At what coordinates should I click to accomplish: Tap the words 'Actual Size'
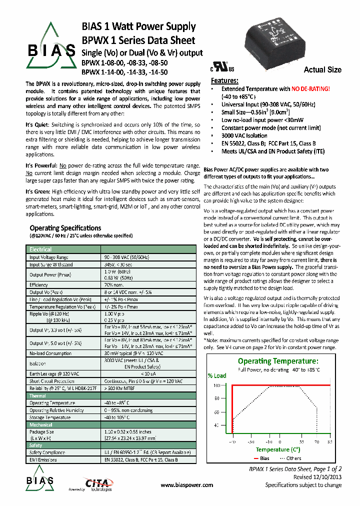pyautogui.click(x=322, y=70)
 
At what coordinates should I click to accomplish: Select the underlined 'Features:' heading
pyautogui.click(x=224, y=80)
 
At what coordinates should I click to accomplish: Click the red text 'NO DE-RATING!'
pyautogui.click(x=310, y=88)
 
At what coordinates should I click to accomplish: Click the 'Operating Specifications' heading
pyautogui.click(x=65, y=228)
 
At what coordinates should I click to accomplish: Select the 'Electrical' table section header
pyautogui.click(x=40, y=249)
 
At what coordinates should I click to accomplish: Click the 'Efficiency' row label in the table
pyautogui.click(x=38, y=284)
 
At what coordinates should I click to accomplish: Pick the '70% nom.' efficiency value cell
pyautogui.click(x=114, y=284)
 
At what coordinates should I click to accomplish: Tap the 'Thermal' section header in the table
pyautogui.click(x=38, y=395)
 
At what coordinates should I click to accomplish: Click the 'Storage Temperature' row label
pyautogui.click(x=50, y=417)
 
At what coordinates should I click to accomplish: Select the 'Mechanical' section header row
pyautogui.click(x=41, y=424)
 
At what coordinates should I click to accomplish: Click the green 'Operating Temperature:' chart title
pyautogui.click(x=277, y=361)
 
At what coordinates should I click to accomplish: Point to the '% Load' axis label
pyautogui.click(x=217, y=375)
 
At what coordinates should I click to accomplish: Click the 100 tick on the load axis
pyautogui.click(x=216, y=385)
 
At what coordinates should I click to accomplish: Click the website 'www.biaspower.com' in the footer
pyautogui.click(x=187, y=485)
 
